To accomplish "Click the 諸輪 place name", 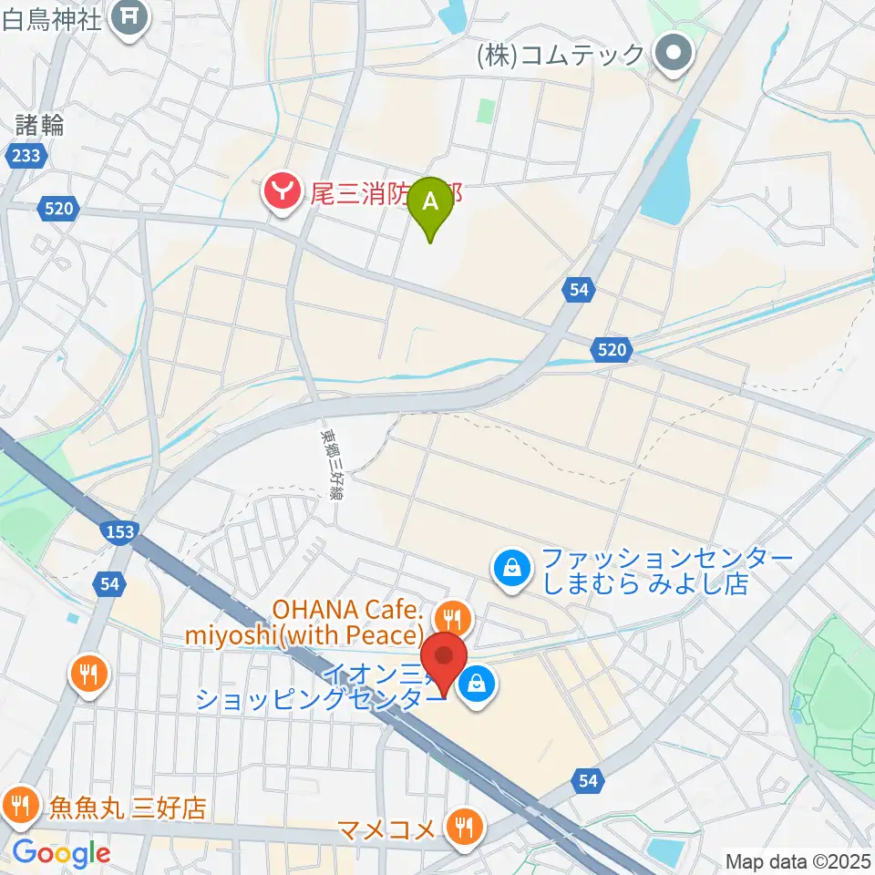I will click(40, 125).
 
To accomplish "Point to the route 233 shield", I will click(26, 157).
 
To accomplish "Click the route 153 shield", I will click(122, 531).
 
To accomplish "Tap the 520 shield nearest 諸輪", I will click(57, 210).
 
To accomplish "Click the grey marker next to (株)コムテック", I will click(675, 55).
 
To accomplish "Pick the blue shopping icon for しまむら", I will click(512, 571).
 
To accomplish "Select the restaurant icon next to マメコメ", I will click(466, 828).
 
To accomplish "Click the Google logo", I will click(61, 853).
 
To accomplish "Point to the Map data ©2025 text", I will click(798, 860).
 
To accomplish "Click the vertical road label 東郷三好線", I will click(328, 464).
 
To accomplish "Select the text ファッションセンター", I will click(667, 558).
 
